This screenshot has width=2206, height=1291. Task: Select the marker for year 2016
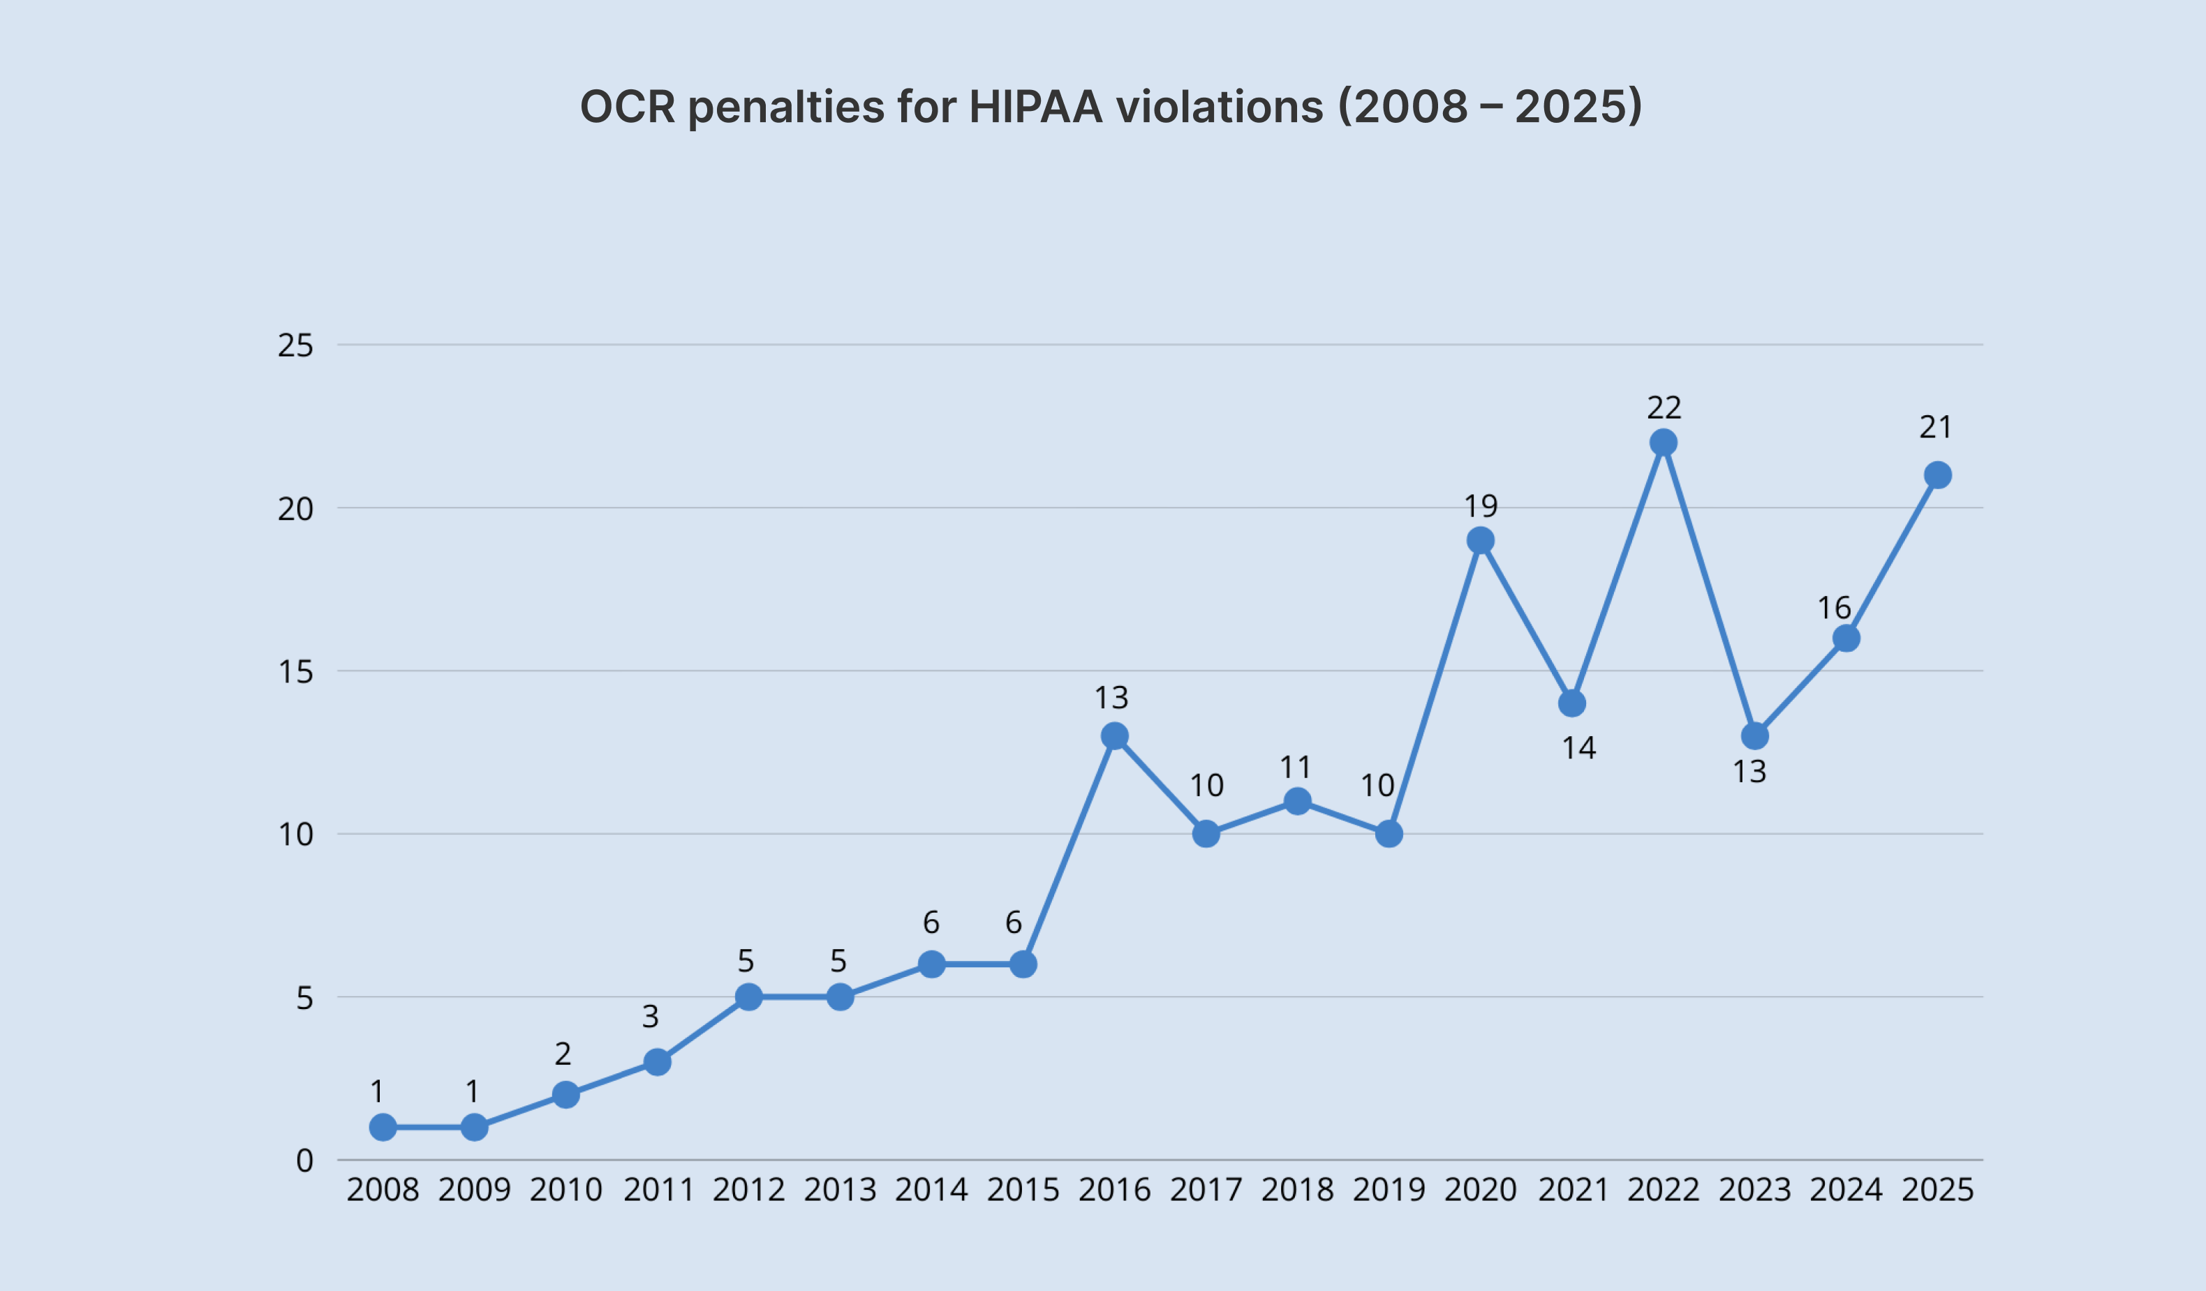(1114, 736)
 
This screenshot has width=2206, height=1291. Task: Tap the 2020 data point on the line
(1480, 541)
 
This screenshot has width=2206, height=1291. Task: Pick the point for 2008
(383, 1127)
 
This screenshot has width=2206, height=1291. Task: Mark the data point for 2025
(1938, 475)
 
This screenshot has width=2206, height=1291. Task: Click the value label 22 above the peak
(1664, 408)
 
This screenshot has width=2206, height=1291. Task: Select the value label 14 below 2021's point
(1579, 748)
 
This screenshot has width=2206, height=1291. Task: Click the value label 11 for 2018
(1296, 768)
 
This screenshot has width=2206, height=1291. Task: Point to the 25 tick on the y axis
(295, 345)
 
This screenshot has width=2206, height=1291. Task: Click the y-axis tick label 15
(295, 672)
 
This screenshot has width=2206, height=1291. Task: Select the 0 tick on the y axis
(304, 1161)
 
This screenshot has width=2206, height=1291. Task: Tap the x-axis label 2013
(841, 1191)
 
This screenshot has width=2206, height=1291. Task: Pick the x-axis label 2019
(1389, 1191)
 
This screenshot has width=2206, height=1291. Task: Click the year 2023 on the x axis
(1755, 1191)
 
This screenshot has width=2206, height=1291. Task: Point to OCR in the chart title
(628, 107)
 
